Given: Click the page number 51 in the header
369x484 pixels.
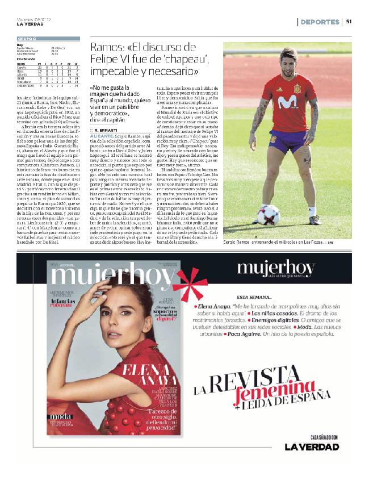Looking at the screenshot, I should [349, 22].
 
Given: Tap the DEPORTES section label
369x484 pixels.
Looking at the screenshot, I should [320, 22].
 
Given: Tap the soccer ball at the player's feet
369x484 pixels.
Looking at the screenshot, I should [267, 215].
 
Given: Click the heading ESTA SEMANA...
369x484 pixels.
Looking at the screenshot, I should [253, 297].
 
